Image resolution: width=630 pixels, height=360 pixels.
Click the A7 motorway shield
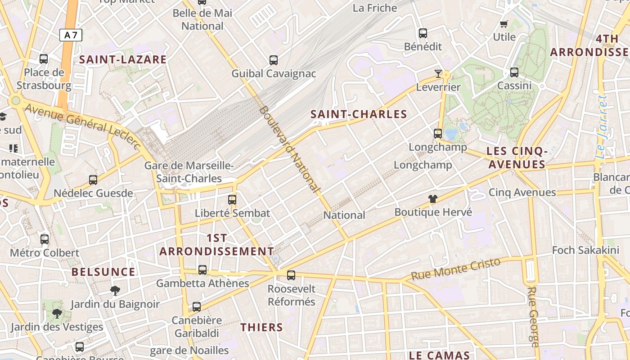coord(71,35)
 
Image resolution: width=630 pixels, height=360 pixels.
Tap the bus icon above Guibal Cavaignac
coord(273,60)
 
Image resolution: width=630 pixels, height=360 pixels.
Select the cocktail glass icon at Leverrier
coord(438,74)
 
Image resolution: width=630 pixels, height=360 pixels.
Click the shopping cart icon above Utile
coord(504,24)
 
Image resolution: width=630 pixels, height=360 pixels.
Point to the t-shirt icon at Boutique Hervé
coord(433,198)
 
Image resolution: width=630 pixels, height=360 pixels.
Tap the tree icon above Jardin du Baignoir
coord(115,291)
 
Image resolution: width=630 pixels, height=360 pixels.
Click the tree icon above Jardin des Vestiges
coord(57,314)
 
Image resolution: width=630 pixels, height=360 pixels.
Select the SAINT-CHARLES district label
coord(359,114)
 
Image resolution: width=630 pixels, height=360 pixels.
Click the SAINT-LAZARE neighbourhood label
coord(123,59)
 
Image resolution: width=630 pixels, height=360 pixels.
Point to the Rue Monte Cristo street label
coord(455,269)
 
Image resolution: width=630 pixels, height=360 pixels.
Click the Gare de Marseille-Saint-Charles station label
coord(189,172)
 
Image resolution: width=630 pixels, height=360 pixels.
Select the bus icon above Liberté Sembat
coord(232,199)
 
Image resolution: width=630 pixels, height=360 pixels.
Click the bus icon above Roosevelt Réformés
coord(291,275)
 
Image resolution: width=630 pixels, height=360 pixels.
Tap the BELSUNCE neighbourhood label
coord(103,272)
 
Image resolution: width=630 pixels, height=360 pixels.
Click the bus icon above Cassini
coord(514,72)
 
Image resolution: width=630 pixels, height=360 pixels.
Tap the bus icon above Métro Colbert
coord(44,239)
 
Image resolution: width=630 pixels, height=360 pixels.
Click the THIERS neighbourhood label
coord(261,327)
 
